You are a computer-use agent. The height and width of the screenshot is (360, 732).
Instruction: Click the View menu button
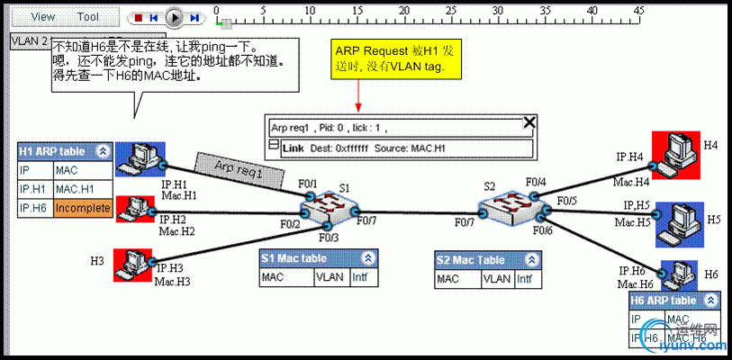(43, 17)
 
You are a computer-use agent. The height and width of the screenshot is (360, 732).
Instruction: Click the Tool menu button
(88, 17)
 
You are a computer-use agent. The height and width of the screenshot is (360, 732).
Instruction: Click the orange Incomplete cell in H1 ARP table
(83, 209)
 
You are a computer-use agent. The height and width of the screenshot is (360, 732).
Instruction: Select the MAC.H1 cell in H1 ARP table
(83, 189)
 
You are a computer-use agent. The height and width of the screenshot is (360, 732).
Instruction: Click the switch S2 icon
(510, 206)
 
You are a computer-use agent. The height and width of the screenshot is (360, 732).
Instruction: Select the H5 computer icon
(677, 221)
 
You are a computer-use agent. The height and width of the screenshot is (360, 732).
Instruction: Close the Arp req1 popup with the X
(529, 123)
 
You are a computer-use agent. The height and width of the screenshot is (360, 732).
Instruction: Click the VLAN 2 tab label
(29, 41)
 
